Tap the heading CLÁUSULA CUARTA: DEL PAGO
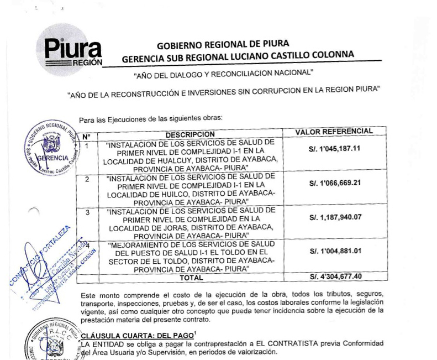pos(125,333)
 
